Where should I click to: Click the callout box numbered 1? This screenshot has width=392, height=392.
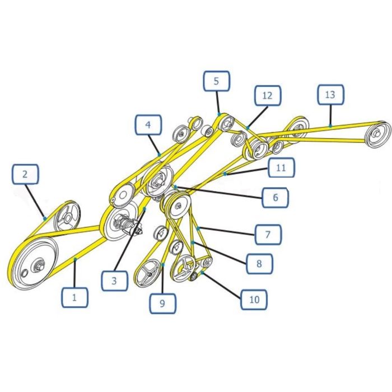74,297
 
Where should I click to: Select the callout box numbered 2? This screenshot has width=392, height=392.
25,174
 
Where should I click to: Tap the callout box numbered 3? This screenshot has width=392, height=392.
114,281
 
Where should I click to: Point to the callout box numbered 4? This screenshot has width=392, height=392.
148,125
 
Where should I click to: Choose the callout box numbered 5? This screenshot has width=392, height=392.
217,81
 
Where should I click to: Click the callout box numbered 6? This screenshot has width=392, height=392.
276,198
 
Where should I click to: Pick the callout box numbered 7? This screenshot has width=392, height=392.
268,235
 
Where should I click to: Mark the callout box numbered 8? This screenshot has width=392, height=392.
259,264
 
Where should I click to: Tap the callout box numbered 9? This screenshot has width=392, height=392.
163,304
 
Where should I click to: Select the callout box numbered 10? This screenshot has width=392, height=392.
254,300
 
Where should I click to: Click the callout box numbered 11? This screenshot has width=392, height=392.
281,167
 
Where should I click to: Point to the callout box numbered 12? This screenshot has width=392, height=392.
268,95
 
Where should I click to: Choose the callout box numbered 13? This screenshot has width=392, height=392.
331,95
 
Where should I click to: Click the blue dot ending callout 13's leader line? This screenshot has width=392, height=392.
330,126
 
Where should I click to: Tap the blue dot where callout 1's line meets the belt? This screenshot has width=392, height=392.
75,259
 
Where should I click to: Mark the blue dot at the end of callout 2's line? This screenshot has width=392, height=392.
45,219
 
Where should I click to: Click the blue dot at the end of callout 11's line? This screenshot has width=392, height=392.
225,174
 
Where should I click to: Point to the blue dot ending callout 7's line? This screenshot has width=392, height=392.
198,228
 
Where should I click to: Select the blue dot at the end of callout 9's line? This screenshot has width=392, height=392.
163,265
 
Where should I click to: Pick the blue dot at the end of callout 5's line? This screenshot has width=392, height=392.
220,114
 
